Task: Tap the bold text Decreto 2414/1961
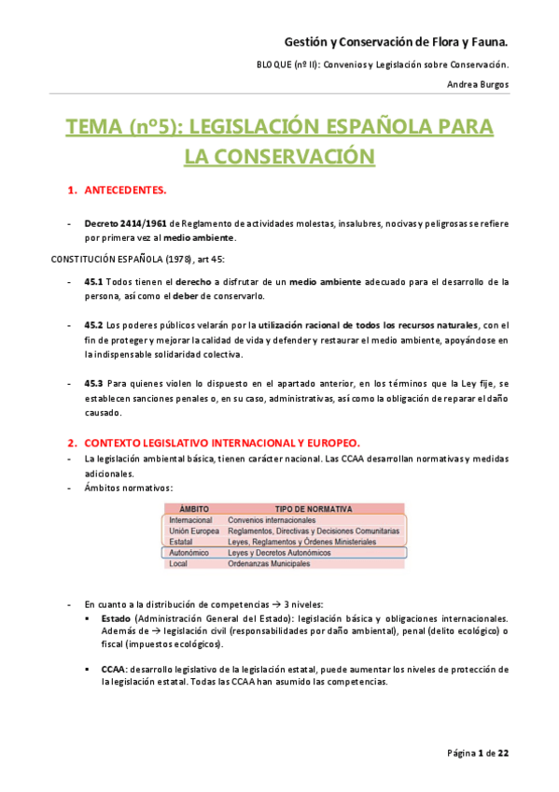tap(125, 224)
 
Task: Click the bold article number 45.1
tap(93, 281)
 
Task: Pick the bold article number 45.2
tap(93, 325)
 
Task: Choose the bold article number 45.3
tap(93, 383)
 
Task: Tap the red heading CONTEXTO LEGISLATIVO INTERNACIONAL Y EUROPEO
tap(221, 442)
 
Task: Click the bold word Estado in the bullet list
tap(116, 618)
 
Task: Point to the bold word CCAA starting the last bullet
tap(114, 669)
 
